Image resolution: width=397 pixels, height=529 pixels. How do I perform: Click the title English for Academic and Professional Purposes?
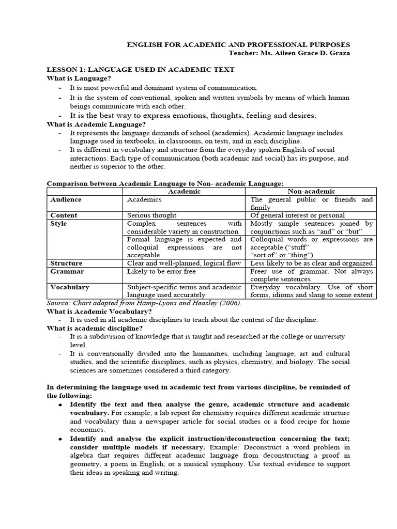click(x=238, y=45)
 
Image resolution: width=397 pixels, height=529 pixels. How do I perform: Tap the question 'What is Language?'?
click(x=79, y=78)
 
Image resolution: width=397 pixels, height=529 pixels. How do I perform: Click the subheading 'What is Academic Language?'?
click(x=97, y=124)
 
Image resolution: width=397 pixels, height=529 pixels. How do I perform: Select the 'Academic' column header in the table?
click(x=185, y=191)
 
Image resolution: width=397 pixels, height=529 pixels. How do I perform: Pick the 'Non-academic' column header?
click(x=311, y=191)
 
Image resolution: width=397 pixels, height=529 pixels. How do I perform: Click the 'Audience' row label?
click(x=66, y=199)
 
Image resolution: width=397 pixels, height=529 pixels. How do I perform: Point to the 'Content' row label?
click(x=64, y=215)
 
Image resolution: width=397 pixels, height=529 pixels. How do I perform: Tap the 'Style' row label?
click(x=58, y=224)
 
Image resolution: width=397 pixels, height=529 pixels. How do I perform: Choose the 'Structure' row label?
click(x=67, y=263)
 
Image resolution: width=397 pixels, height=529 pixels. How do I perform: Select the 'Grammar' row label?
click(x=67, y=271)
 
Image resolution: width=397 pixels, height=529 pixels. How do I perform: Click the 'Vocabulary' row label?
click(x=70, y=287)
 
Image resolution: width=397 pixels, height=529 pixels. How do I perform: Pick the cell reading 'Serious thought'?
click(x=151, y=215)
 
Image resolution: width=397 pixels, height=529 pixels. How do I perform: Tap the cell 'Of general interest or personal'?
click(x=297, y=215)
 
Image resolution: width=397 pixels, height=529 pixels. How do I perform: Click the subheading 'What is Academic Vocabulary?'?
click(x=99, y=312)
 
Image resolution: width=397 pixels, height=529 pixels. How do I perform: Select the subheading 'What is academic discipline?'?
click(x=95, y=328)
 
